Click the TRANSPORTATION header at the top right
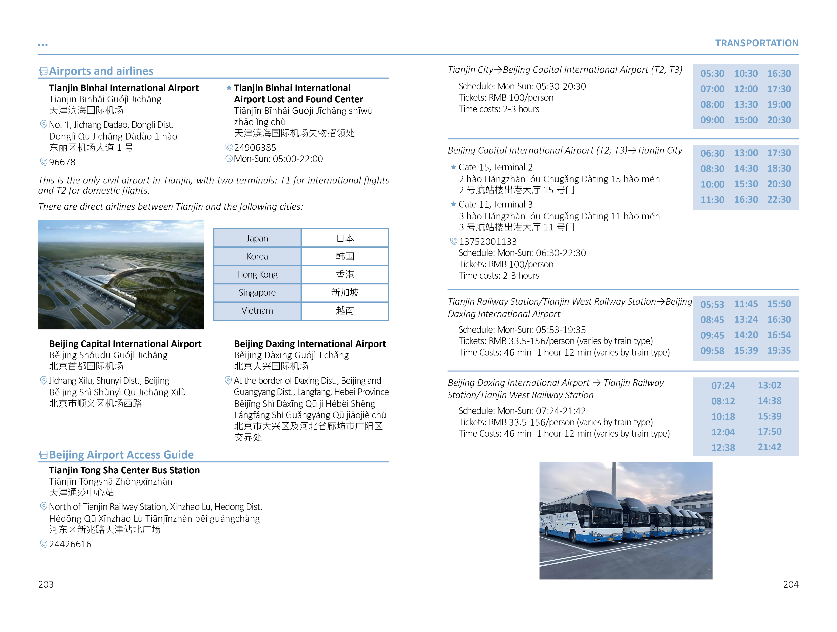pyautogui.click(x=757, y=43)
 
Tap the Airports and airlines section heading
pyautogui.click(x=101, y=71)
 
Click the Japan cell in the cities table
pyautogui.click(x=257, y=238)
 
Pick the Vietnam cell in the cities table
pyautogui.click(x=257, y=311)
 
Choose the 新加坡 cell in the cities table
pyautogui.click(x=345, y=293)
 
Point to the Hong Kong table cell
pyautogui.click(x=257, y=274)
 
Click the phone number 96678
pyautogui.click(x=62, y=162)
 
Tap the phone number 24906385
pyautogui.click(x=255, y=148)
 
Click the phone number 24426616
pyautogui.click(x=70, y=544)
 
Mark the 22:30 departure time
pyautogui.click(x=779, y=199)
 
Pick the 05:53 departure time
pyautogui.click(x=712, y=304)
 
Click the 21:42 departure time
pyautogui.click(x=769, y=447)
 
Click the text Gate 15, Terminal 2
pyautogui.click(x=495, y=167)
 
